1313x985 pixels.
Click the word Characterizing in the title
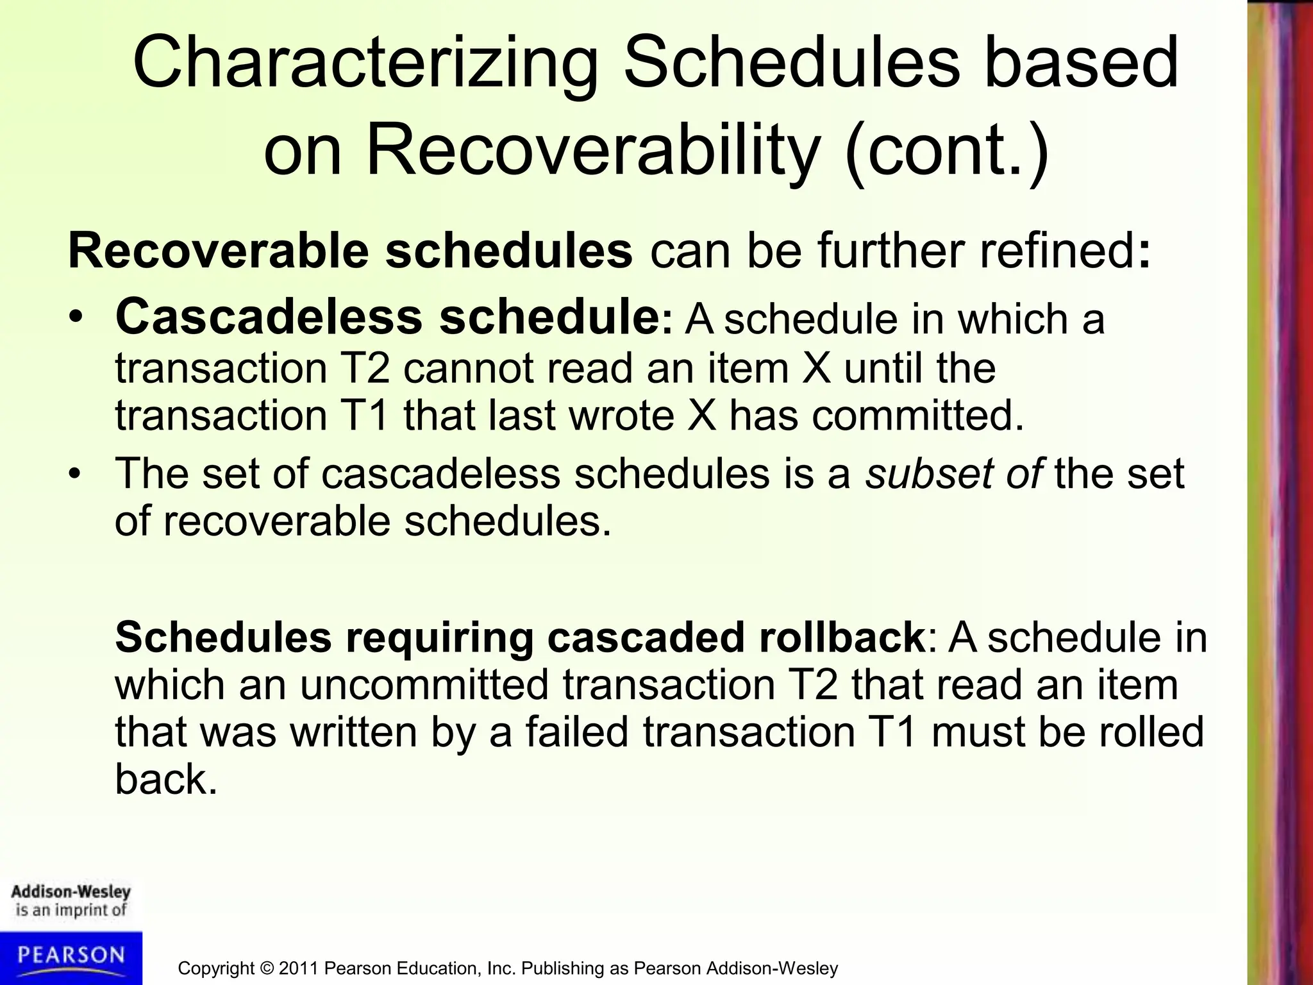(365, 64)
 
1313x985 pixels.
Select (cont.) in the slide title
(947, 153)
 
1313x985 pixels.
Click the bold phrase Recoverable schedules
(350, 251)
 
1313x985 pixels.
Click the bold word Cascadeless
(269, 317)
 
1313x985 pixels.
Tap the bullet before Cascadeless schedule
(77, 319)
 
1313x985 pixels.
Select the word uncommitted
(424, 685)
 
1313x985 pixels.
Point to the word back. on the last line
(166, 780)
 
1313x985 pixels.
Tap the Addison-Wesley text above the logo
(71, 892)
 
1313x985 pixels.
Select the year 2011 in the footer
(299, 968)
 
